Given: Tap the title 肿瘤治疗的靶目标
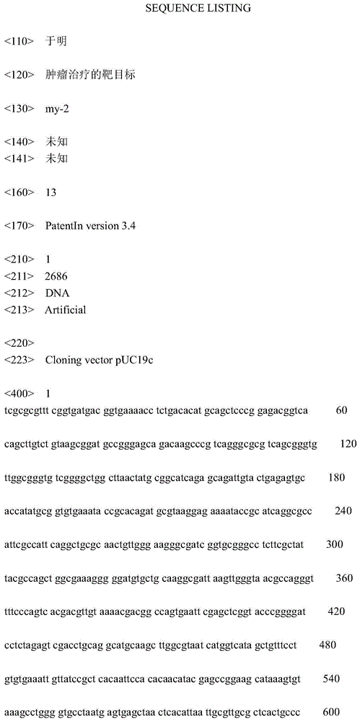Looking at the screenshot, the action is [x=89, y=74].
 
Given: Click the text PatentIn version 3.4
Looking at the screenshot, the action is [x=90, y=226].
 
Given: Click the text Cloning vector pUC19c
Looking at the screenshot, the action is [x=99, y=358].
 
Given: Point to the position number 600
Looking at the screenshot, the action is [x=332, y=711].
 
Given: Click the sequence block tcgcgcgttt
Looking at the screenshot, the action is [x=25, y=410].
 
